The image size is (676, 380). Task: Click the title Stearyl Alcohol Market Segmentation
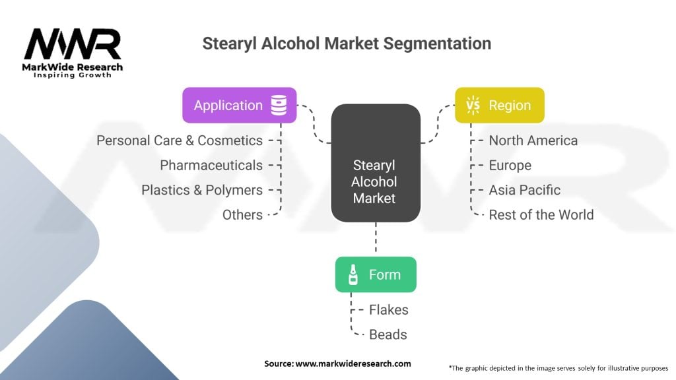[346, 44]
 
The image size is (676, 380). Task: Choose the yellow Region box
[499, 106]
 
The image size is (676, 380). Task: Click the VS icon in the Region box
[473, 106]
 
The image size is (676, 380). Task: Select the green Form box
[376, 274]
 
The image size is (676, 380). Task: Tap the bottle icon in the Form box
[353, 274]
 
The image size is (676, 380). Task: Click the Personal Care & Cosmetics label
[180, 141]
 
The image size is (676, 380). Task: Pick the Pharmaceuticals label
[211, 165]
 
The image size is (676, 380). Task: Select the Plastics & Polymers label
[202, 190]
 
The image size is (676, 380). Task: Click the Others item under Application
[242, 214]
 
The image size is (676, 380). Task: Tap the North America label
[533, 141]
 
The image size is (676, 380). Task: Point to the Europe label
[510, 165]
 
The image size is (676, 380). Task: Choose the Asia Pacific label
[524, 190]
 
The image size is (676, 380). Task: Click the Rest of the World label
[541, 214]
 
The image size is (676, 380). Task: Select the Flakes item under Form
[389, 309]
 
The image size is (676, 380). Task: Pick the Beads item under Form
[388, 334]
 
